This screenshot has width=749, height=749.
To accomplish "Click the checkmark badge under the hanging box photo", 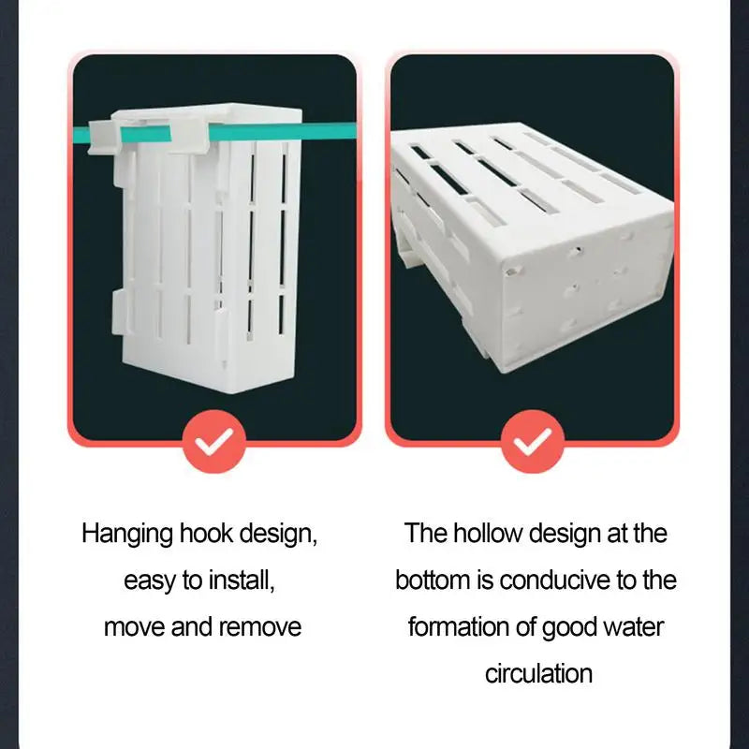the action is (214, 441).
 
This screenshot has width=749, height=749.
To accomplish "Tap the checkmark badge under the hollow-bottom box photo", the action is (533, 441).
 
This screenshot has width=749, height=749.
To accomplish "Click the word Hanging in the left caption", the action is (127, 534).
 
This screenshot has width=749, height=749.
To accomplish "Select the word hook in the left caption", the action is (206, 533).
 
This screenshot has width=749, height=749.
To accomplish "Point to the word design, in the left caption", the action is (278, 534).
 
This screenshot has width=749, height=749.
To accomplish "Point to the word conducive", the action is (554, 580).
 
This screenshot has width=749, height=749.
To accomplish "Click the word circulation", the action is (539, 673).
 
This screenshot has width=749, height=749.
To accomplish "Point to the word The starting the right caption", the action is (425, 533).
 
